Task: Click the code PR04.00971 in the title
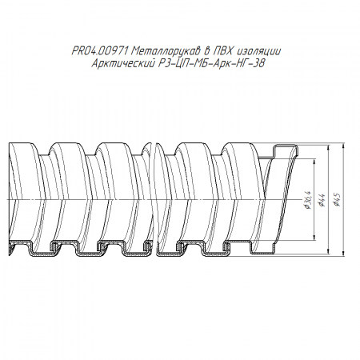[x=100, y=50]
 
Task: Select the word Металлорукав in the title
[x=166, y=50]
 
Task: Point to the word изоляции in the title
[x=258, y=51]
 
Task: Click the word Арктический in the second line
[x=123, y=63]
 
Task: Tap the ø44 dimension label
[x=322, y=200]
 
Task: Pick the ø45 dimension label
[x=337, y=200]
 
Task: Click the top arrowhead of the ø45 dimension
[x=343, y=146]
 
